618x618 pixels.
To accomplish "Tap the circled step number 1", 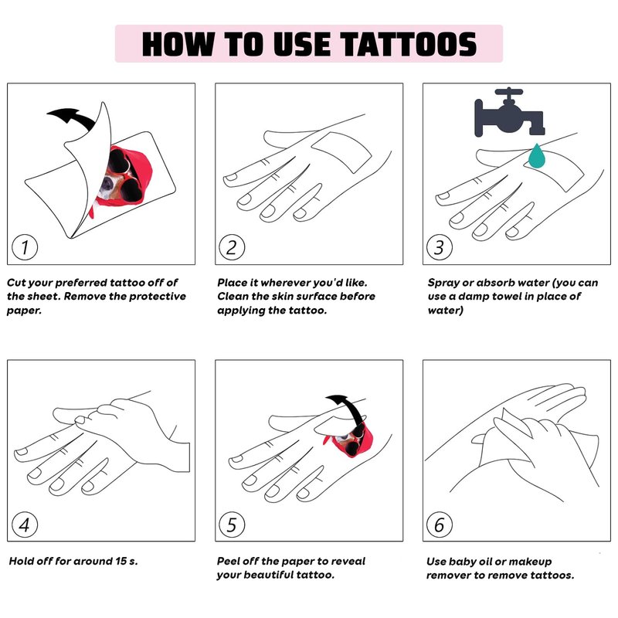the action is point(25,247).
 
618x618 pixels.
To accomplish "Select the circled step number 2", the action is point(232,247).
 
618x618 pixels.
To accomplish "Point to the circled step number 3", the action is point(440,247).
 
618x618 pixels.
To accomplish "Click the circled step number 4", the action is point(25,525).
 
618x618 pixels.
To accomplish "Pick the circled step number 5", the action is point(232,525).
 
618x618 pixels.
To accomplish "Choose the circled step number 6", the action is point(440,525).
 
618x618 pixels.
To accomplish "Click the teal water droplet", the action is point(537,156).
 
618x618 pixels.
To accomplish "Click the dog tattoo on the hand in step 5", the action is point(349,440).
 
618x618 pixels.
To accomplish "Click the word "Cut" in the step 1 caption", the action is point(16,283).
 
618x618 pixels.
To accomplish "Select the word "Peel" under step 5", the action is point(229,561).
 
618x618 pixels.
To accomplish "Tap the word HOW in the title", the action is point(178,44).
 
